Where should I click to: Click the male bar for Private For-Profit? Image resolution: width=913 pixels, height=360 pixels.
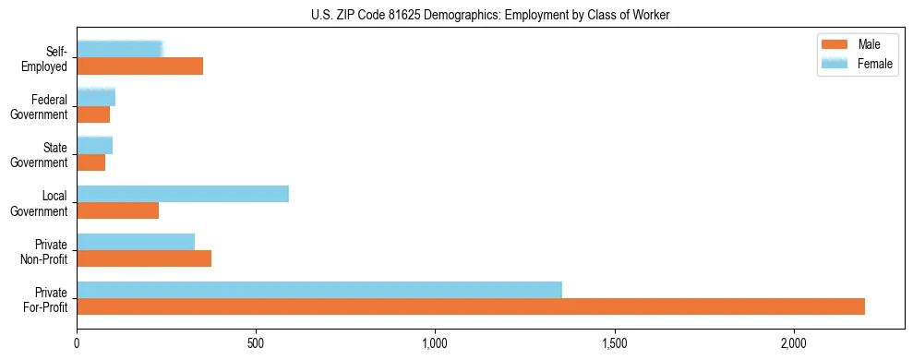click(471, 306)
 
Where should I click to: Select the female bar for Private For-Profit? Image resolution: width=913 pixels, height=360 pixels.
click(319, 290)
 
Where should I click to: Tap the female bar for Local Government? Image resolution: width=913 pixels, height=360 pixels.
click(183, 194)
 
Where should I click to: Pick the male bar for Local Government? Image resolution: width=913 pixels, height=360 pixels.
click(118, 210)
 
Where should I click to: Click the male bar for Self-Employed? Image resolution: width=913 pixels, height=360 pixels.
click(140, 66)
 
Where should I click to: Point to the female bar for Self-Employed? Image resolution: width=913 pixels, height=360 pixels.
click(120, 50)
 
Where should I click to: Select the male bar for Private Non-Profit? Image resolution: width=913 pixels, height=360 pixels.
click(144, 258)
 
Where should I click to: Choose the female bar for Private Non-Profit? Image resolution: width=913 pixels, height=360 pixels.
click(136, 242)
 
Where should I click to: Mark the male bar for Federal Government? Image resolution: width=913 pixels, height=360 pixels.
click(93, 114)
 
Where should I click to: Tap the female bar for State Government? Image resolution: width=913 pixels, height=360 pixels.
click(95, 146)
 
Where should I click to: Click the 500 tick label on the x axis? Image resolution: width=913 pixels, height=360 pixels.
click(256, 343)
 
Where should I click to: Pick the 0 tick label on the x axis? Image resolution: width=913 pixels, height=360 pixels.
click(78, 343)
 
